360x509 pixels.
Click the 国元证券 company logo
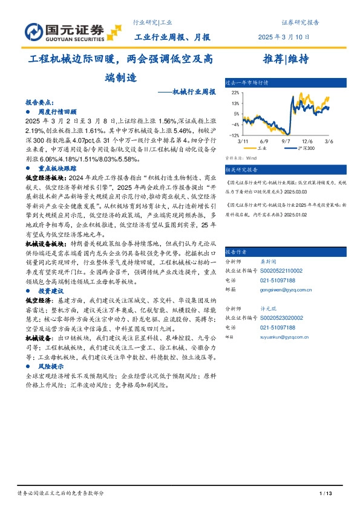65,30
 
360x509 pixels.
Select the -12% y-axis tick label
233,135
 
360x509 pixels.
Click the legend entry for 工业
261,147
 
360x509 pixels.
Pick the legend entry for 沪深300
306,147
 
